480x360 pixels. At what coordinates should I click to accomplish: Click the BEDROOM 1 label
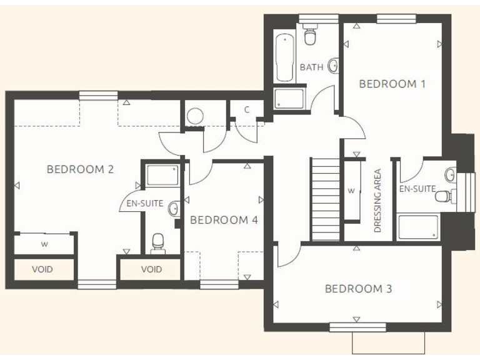392,84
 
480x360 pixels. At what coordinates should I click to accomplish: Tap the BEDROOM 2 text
80,169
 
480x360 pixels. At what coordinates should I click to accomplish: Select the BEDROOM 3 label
358,289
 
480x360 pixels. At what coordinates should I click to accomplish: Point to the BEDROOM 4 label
223,220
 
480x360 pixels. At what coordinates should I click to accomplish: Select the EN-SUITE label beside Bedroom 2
144,203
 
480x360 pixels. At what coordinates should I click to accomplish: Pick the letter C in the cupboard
247,110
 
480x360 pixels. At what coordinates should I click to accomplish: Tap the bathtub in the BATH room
285,57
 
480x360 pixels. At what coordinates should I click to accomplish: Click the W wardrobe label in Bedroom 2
44,244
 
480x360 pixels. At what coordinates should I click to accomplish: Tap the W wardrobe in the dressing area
351,191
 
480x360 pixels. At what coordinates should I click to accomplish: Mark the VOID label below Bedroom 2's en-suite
151,269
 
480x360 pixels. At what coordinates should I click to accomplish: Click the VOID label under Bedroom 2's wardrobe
42,269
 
